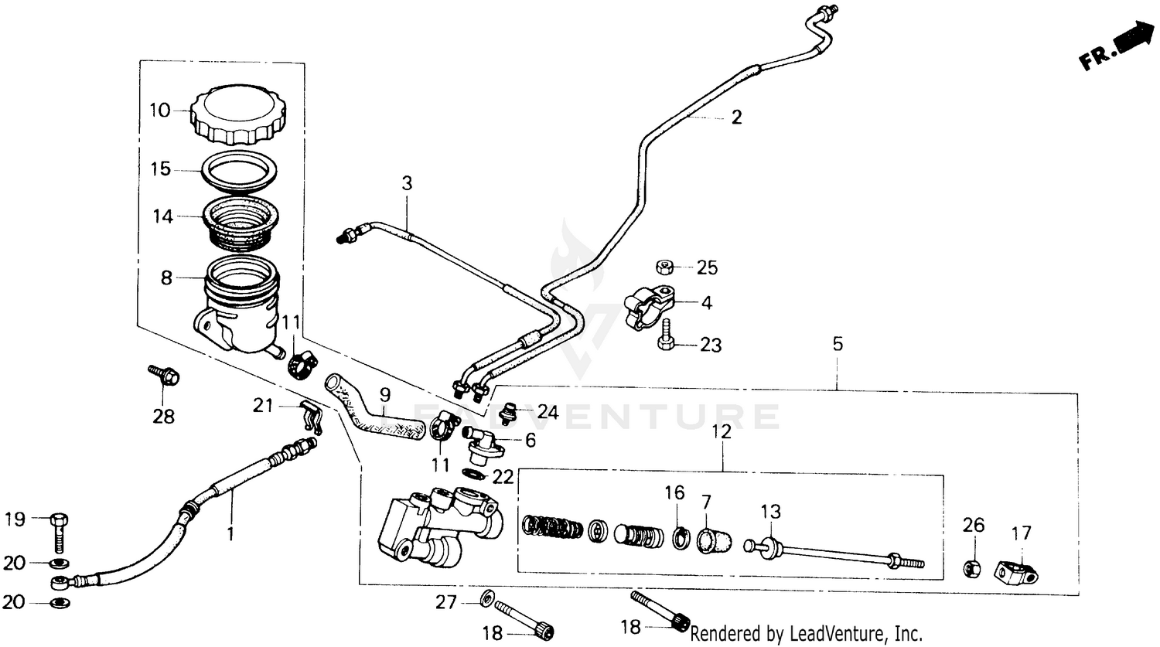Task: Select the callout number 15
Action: [160, 169]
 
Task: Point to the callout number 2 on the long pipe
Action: [736, 117]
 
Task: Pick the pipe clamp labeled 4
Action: [647, 307]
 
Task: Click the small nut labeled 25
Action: [663, 267]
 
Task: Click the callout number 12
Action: [721, 433]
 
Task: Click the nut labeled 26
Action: [973, 568]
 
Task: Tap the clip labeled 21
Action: [310, 416]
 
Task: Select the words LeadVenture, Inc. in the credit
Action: [855, 634]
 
